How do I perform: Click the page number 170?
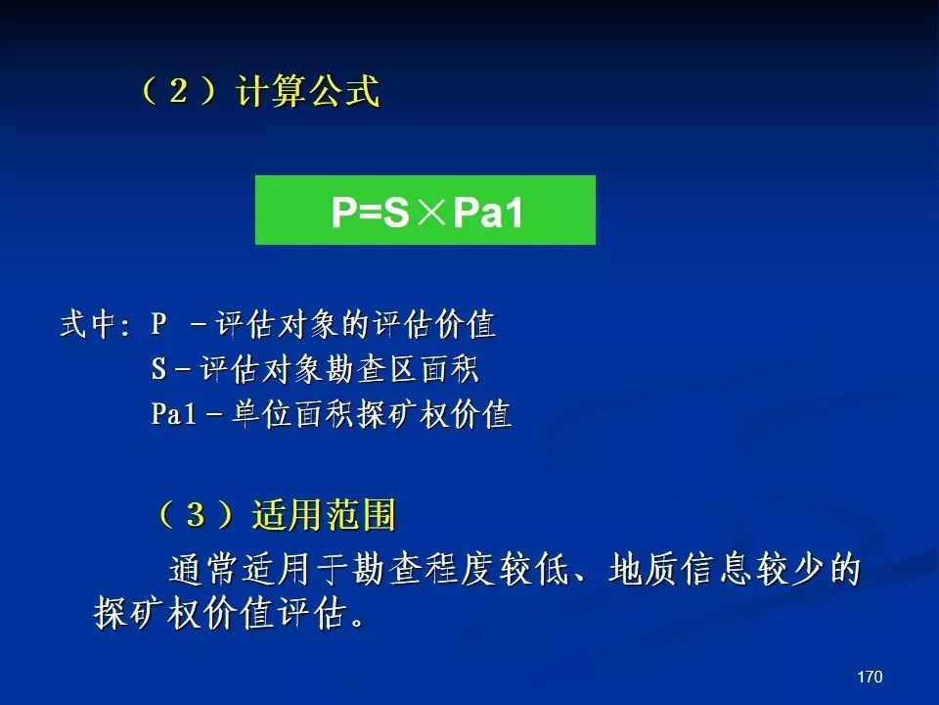tap(870, 677)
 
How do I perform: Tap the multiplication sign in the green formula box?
tap(431, 211)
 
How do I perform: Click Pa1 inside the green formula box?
tap(487, 211)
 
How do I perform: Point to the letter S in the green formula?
tap(396, 211)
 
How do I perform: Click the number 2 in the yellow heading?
tap(178, 91)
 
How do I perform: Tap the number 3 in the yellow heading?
tap(196, 514)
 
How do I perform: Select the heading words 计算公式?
tap(308, 91)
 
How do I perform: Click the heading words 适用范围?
tap(324, 514)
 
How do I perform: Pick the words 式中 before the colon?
tap(87, 324)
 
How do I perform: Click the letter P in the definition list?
tap(158, 324)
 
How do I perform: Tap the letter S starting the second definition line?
tap(158, 369)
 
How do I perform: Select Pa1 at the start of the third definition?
tap(174, 413)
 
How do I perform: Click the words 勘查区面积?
tap(402, 369)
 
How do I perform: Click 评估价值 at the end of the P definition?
tap(434, 324)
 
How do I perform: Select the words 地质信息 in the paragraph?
tap(680, 569)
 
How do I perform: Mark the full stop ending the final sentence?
tap(358, 622)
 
